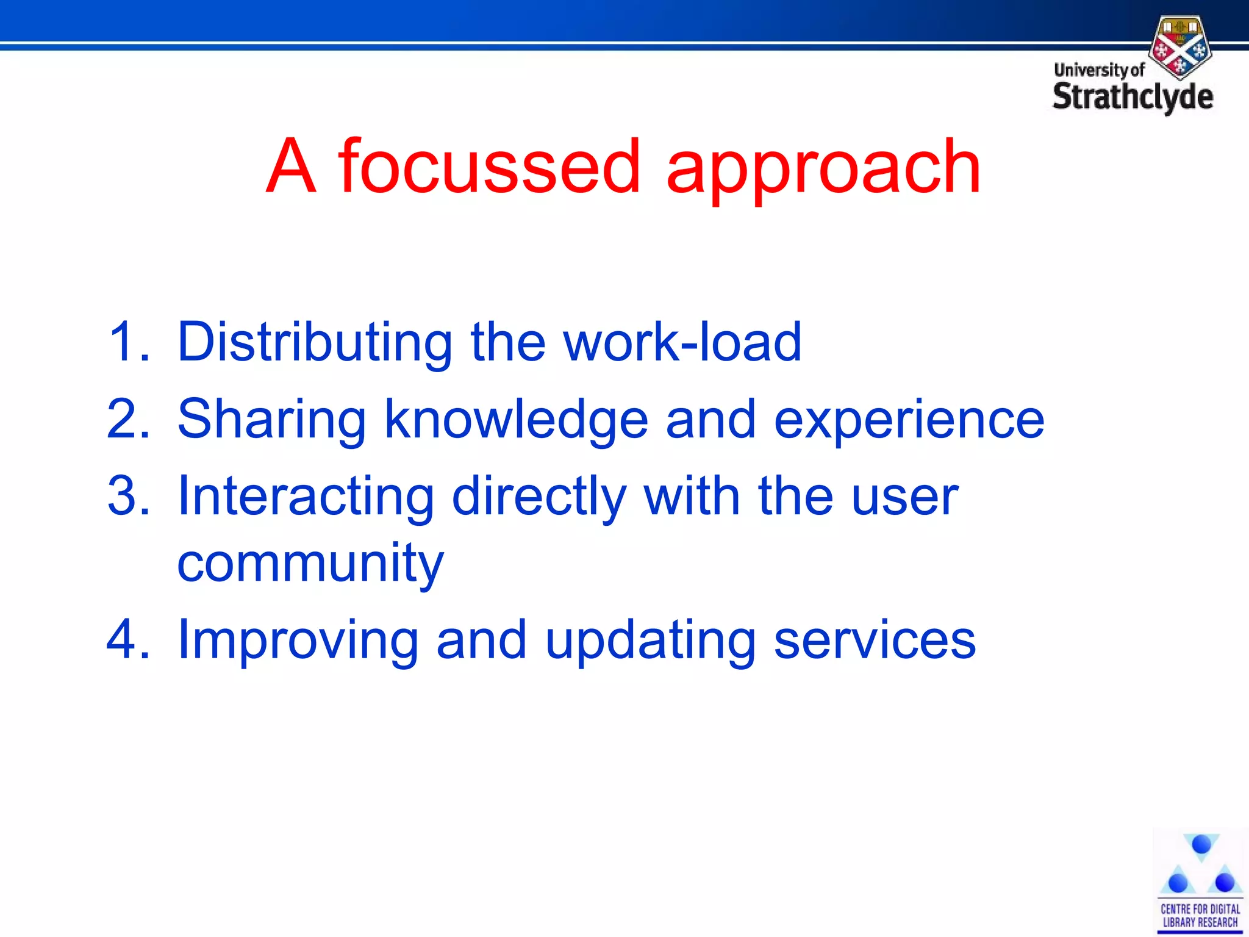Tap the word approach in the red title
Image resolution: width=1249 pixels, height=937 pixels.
[x=823, y=168]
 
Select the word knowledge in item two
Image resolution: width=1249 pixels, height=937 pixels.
[x=516, y=420]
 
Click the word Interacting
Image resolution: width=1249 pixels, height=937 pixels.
[x=305, y=497]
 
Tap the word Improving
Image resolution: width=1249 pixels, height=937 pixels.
[x=298, y=641]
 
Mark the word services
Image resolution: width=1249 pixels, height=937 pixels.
[x=875, y=641]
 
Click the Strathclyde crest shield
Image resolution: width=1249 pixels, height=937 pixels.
[x=1180, y=48]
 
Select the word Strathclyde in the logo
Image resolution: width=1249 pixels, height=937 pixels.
[x=1133, y=97]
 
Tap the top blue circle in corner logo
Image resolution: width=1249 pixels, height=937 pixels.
[x=1201, y=845]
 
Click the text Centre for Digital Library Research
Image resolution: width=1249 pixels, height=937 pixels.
[x=1200, y=915]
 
